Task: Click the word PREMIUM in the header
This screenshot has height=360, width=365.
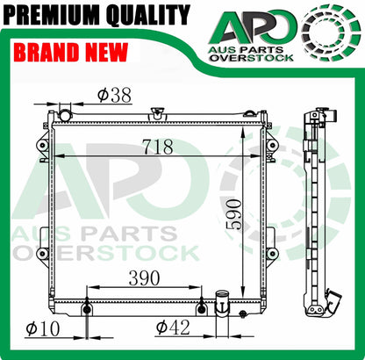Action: [53, 14]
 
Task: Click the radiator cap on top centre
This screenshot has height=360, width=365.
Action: [157, 113]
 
